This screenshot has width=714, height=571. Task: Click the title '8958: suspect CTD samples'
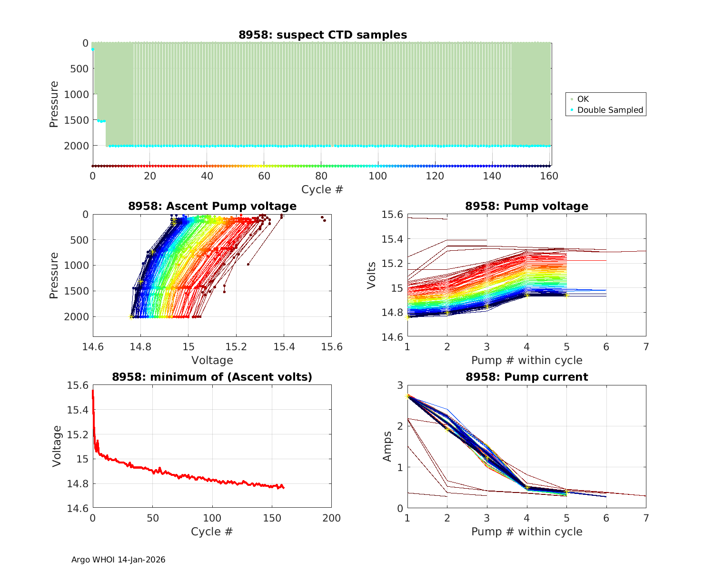click(x=323, y=35)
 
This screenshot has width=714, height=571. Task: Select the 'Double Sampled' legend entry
click(x=610, y=110)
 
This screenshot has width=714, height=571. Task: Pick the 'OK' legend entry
click(x=583, y=99)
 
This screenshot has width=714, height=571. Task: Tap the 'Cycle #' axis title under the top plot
click(x=322, y=189)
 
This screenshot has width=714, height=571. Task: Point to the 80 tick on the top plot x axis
click(x=321, y=176)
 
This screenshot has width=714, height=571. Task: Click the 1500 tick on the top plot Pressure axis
click(x=76, y=120)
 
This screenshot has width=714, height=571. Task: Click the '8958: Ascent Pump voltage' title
click(x=212, y=206)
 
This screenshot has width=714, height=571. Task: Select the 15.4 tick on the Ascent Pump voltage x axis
click(x=284, y=346)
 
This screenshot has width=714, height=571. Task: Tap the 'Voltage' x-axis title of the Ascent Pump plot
click(x=212, y=360)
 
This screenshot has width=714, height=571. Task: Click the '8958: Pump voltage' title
click(x=526, y=206)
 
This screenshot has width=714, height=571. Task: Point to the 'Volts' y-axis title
click(x=371, y=276)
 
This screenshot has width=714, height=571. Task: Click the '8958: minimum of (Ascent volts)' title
click(x=212, y=377)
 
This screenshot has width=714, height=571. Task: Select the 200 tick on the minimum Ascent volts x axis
click(x=331, y=518)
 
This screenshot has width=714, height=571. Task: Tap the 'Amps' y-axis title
click(x=388, y=446)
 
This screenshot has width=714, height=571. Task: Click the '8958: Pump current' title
click(x=526, y=377)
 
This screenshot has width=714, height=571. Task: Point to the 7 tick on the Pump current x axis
click(x=646, y=518)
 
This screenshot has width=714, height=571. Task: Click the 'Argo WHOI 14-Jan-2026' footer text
click(x=118, y=560)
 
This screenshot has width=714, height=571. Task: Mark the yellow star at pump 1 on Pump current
click(x=407, y=395)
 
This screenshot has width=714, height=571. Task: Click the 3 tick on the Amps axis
click(x=400, y=385)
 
